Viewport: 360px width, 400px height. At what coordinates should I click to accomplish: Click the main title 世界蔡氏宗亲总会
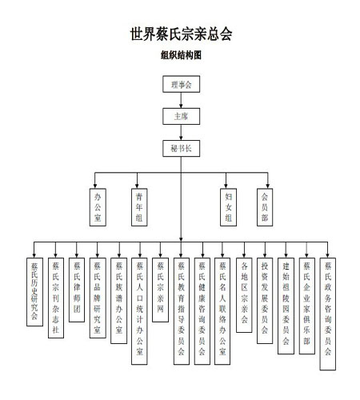[x=181, y=34]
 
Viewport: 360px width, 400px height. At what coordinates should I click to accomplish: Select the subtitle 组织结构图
[x=181, y=55]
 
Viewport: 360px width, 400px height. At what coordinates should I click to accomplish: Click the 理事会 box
[x=182, y=84]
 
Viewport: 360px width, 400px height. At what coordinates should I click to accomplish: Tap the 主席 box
[x=182, y=116]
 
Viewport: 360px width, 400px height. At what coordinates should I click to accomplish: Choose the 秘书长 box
[x=182, y=148]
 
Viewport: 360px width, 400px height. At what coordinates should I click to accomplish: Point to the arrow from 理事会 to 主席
[x=181, y=100]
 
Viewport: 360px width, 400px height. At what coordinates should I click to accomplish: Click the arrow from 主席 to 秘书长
[x=181, y=133]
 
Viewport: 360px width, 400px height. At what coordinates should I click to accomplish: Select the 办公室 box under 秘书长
[x=98, y=207]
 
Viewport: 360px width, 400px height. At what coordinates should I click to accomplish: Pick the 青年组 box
[x=139, y=207]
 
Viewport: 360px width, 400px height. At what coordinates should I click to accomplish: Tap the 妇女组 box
[x=228, y=207]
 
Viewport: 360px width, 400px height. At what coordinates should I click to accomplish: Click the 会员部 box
[x=265, y=207]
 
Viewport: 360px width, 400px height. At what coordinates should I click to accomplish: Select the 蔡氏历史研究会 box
[x=34, y=292]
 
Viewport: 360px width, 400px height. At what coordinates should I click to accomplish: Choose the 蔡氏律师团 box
[x=77, y=290]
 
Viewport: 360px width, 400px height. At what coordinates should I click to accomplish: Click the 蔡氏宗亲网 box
[x=160, y=290]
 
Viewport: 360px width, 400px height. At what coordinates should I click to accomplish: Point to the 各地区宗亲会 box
[x=244, y=295]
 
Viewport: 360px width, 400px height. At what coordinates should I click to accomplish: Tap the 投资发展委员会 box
[x=265, y=301]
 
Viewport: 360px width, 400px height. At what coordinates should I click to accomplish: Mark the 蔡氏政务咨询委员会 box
[x=328, y=314]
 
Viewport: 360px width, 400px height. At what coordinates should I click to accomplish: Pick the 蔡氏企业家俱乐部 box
[x=307, y=306]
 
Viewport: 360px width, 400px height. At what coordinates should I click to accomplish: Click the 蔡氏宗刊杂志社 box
[x=56, y=298]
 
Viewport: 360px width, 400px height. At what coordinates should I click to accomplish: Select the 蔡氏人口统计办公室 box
[x=139, y=311]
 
